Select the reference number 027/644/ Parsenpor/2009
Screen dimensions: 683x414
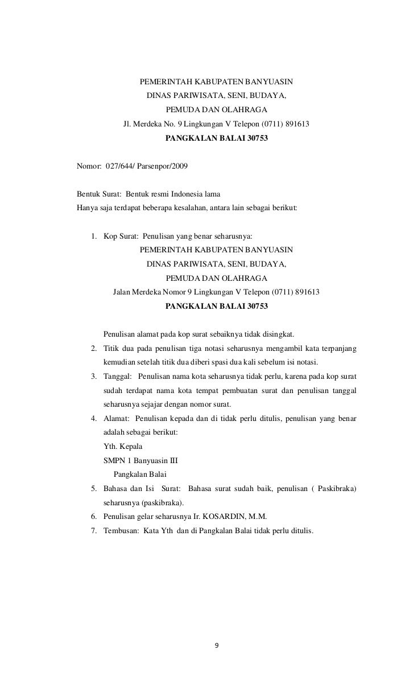146,167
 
